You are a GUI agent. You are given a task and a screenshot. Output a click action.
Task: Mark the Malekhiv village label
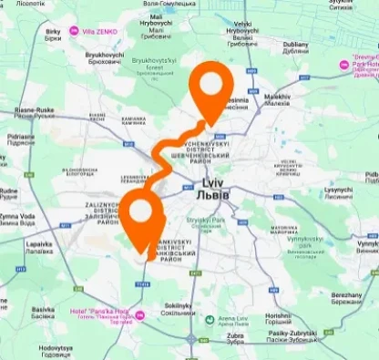click(x=277, y=97)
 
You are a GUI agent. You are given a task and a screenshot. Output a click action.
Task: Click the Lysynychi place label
click(x=340, y=190)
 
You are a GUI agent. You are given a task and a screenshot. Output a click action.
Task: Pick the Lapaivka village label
click(x=40, y=246)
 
